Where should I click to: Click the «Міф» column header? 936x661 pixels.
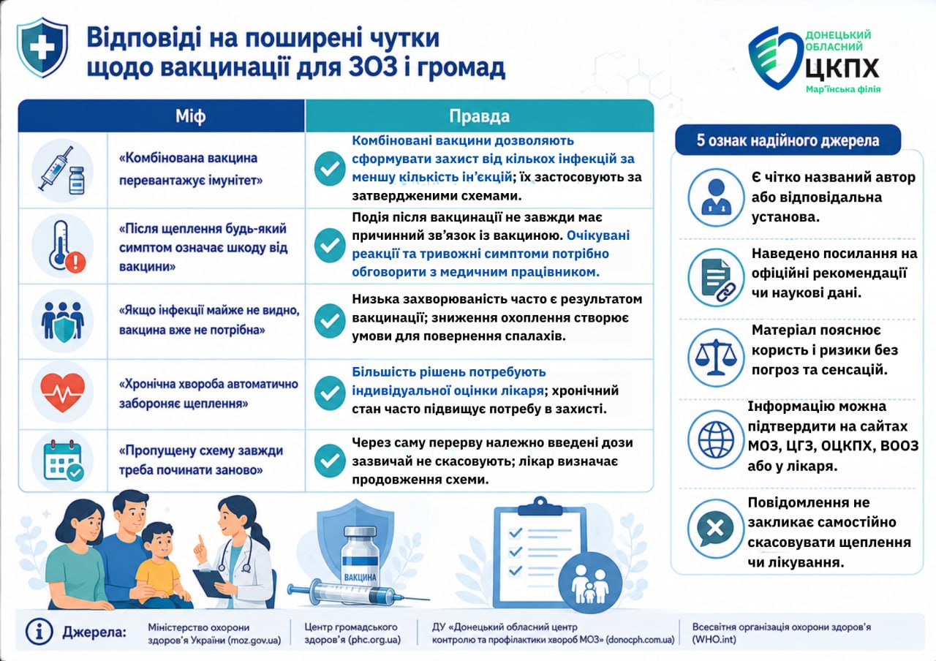click(190, 116)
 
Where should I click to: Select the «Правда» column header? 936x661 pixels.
click(479, 116)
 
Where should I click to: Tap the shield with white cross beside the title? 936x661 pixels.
click(42, 48)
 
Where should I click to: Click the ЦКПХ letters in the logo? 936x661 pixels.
click(842, 68)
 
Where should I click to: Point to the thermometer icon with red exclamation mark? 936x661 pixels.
click(66, 246)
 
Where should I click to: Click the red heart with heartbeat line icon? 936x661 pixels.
click(63, 393)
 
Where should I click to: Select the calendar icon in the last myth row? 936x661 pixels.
click(64, 461)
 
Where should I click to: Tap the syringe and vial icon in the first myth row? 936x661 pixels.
click(62, 170)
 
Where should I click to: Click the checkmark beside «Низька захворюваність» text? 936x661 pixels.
click(330, 320)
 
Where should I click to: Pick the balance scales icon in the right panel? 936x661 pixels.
click(716, 358)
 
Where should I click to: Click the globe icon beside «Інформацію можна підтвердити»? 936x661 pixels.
click(716, 439)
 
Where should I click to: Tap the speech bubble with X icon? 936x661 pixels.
click(715, 529)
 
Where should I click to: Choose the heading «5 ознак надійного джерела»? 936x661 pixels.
click(788, 140)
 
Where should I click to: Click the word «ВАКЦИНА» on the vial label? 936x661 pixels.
click(361, 578)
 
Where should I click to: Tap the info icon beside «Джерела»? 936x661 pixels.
click(39, 632)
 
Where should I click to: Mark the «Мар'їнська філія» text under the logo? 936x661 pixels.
click(843, 89)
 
